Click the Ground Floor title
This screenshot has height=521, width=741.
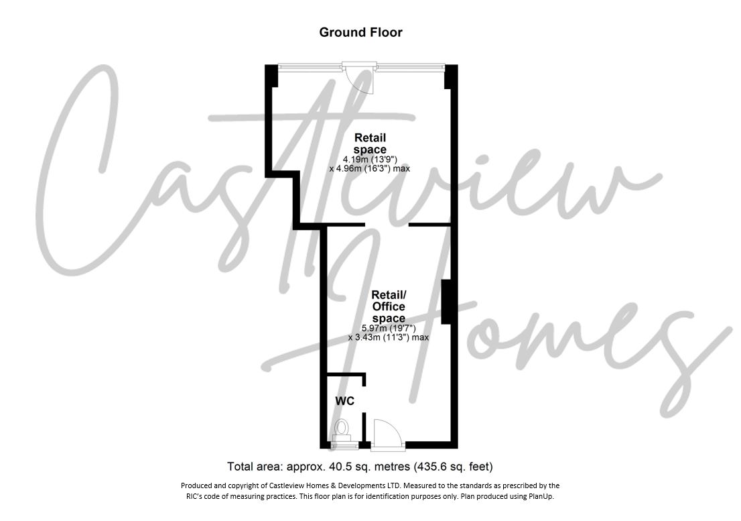pyautogui.click(x=360, y=32)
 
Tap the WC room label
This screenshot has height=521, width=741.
pyautogui.click(x=344, y=401)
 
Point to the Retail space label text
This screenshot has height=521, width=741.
pyautogui.click(x=370, y=143)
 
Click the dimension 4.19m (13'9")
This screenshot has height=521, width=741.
pyautogui.click(x=370, y=160)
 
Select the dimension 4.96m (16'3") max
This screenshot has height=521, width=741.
pyautogui.click(x=370, y=169)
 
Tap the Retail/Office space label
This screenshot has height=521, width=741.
pyautogui.click(x=389, y=306)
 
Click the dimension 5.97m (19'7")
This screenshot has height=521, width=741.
pyautogui.click(x=389, y=328)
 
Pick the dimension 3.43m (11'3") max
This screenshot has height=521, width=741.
pyautogui.click(x=389, y=337)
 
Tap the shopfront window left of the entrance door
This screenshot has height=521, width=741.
pyautogui.click(x=310, y=66)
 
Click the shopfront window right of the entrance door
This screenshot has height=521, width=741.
pyautogui.click(x=411, y=66)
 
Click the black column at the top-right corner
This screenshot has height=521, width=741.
pyautogui.click(x=451, y=76)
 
